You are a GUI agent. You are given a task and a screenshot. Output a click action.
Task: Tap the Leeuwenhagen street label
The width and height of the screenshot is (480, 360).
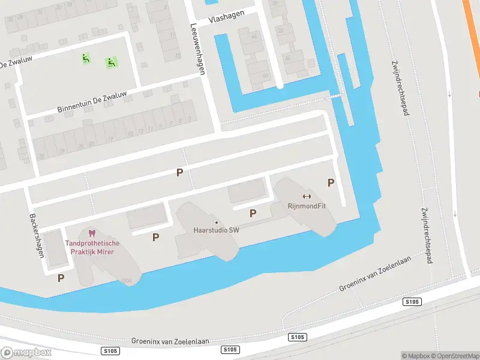pyautogui.click(x=197, y=49)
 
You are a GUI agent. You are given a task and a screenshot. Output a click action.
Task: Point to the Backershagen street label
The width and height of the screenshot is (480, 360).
pyautogui.click(x=37, y=235)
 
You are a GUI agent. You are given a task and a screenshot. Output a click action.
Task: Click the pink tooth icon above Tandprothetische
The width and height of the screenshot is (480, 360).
pyautogui.click(x=92, y=233)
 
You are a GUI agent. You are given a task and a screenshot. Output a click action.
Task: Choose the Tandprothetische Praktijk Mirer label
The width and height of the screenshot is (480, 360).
pyautogui.click(x=92, y=247)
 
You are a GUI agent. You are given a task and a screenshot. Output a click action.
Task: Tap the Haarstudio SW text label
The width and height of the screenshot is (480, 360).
pyautogui.click(x=216, y=230)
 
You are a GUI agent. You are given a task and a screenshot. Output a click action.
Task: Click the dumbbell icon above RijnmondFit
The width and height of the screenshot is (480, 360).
pyautogui.click(x=307, y=196)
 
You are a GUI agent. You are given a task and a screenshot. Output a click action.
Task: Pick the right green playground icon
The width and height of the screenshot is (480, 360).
pyautogui.click(x=111, y=62)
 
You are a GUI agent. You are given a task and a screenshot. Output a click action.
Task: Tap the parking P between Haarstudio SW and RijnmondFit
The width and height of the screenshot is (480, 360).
pyautogui.click(x=253, y=213)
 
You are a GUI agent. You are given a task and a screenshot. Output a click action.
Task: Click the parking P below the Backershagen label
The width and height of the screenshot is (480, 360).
pyautogui.click(x=61, y=278)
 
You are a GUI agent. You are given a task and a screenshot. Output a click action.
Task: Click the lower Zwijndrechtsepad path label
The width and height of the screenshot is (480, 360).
pyautogui.click(x=431, y=227)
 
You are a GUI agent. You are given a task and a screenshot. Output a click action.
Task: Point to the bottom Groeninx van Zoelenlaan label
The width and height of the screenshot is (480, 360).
pyautogui.click(x=170, y=341)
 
